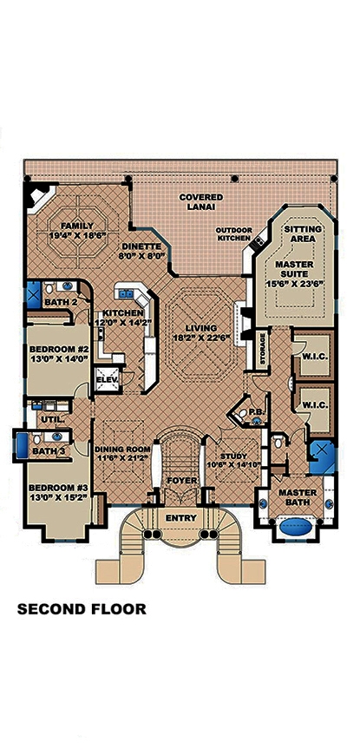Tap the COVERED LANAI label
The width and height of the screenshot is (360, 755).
(200, 202)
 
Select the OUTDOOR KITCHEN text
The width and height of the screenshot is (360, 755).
(233, 234)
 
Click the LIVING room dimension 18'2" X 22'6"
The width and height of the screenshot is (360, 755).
(201, 338)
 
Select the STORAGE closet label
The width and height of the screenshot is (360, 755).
(261, 349)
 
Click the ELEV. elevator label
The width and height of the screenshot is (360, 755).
(107, 378)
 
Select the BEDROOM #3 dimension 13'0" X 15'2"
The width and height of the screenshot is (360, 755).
(56, 497)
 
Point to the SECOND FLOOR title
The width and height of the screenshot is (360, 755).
(82, 608)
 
